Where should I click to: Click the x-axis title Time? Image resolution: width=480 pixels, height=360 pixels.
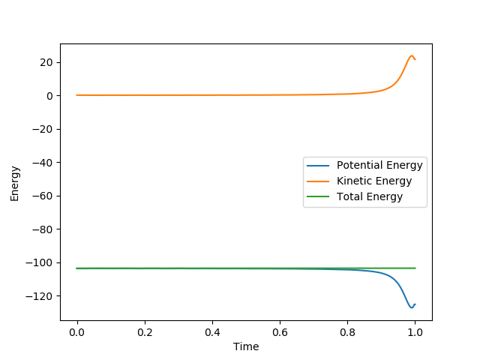pyautogui.click(x=246, y=347)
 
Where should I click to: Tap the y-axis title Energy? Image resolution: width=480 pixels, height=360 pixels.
pyautogui.click(x=15, y=183)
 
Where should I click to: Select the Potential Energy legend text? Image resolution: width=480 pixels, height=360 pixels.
pyautogui.click(x=379, y=165)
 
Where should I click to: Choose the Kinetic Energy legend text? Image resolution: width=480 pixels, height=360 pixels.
pyautogui.click(x=374, y=181)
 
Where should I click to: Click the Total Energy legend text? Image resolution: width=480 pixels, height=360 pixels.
pyautogui.click(x=370, y=196)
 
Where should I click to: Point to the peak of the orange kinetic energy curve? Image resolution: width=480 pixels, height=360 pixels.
pyautogui.click(x=411, y=55)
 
